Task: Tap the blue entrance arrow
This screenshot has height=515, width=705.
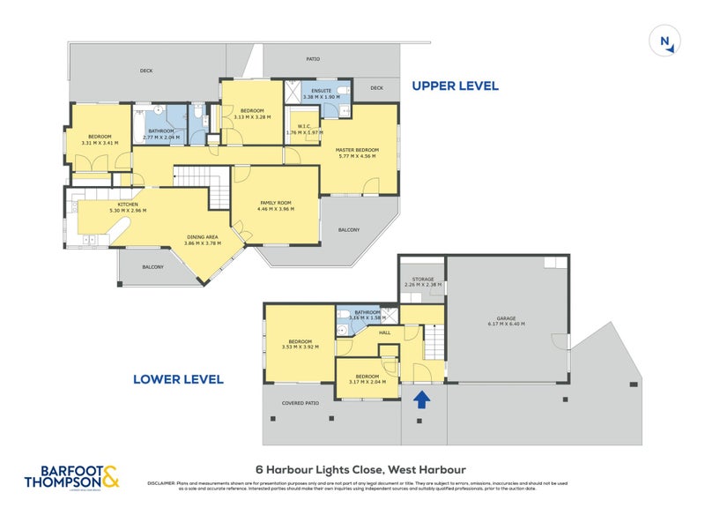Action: point(422,399)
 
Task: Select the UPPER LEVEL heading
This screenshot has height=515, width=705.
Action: point(456,86)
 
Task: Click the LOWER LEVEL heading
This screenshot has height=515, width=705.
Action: point(178,380)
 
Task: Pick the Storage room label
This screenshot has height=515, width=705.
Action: point(421,280)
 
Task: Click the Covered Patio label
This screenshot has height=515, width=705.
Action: point(300,403)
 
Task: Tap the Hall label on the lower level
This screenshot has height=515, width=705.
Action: point(384,332)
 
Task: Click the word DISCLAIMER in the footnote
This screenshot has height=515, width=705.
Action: point(163,482)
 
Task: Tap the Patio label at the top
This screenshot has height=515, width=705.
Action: point(313,59)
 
